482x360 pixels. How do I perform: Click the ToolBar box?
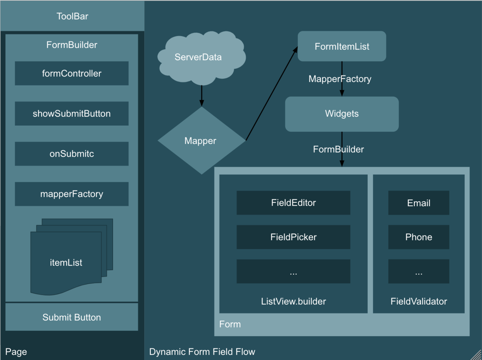point(72,16)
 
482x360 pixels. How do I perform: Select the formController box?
point(72,73)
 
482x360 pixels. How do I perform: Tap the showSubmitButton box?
point(72,114)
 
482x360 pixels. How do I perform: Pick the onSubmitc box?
point(72,154)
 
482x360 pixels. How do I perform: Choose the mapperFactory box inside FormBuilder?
point(72,194)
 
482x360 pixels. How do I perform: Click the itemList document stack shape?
point(66,262)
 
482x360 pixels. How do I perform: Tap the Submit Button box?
point(72,317)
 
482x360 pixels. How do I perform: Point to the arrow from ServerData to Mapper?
point(201,95)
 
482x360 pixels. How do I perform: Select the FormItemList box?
point(342,46)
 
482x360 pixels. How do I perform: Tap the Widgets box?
point(342,114)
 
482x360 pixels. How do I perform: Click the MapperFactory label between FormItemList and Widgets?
point(340,79)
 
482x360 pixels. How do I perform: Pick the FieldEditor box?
point(293,203)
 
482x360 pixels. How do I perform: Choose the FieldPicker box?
point(293,237)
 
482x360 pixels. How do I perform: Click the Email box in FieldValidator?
point(419,203)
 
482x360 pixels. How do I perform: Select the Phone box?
point(419,237)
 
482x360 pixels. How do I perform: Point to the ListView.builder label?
point(293,301)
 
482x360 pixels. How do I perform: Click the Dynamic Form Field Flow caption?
point(202,352)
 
